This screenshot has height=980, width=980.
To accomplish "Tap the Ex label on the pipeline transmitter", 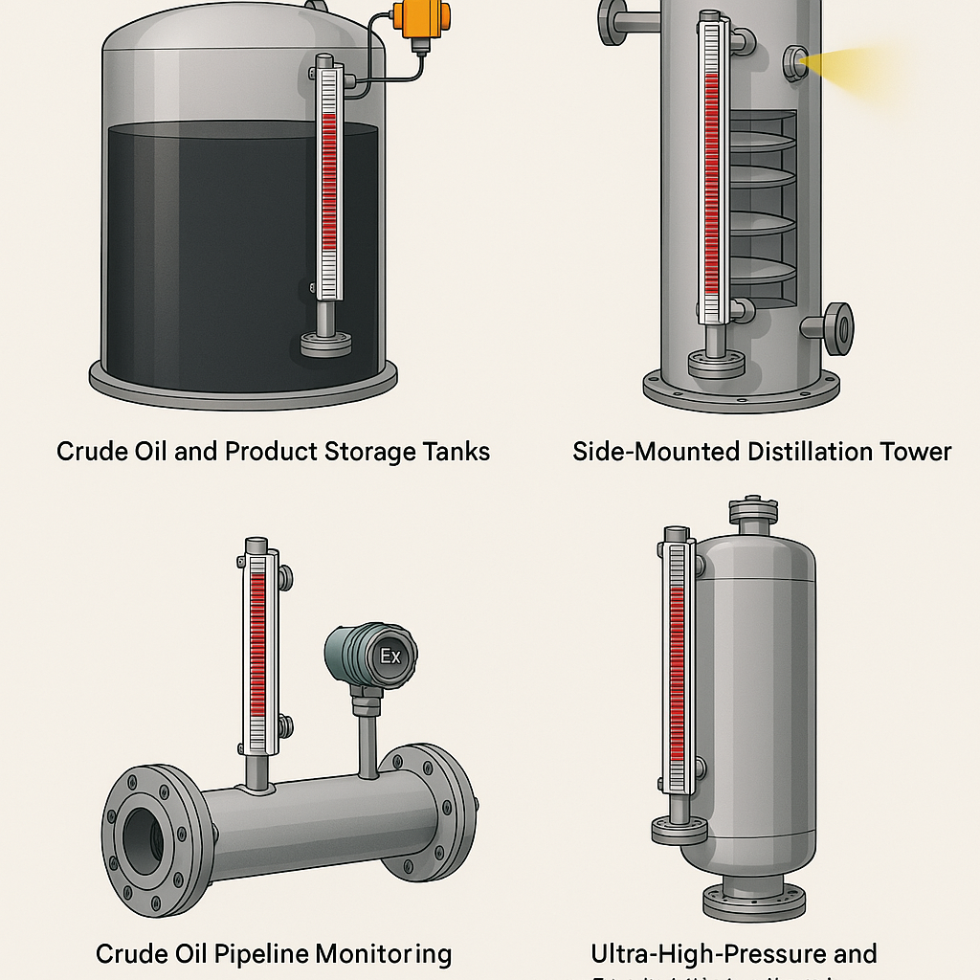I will (x=391, y=656).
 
